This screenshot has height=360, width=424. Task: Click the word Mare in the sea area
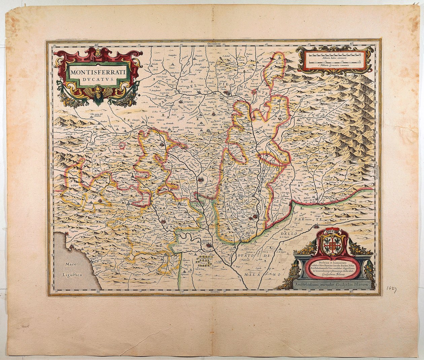pyautogui.click(x=68, y=265)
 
